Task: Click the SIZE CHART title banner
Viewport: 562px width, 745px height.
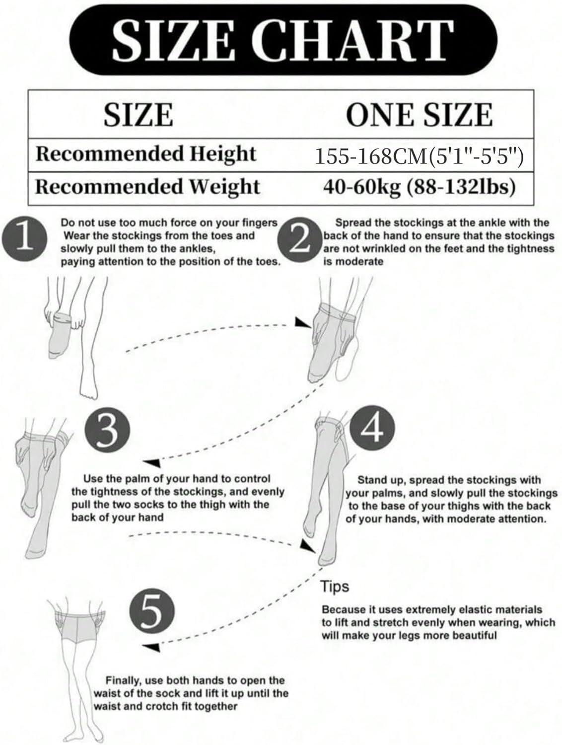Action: pos(283,39)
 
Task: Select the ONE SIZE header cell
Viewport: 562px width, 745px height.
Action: pos(419,114)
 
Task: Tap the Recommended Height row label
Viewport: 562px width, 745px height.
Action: pos(146,154)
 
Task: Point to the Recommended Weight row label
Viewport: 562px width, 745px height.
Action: pos(147,187)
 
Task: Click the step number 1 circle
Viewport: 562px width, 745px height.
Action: pos(24,239)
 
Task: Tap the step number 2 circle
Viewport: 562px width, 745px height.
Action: pos(299,241)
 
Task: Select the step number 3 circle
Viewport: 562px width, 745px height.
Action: pos(107,430)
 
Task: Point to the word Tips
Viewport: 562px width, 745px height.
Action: pos(335,587)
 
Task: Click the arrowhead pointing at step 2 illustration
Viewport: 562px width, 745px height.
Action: pos(302,323)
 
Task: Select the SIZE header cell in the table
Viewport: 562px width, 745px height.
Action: pos(139,114)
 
